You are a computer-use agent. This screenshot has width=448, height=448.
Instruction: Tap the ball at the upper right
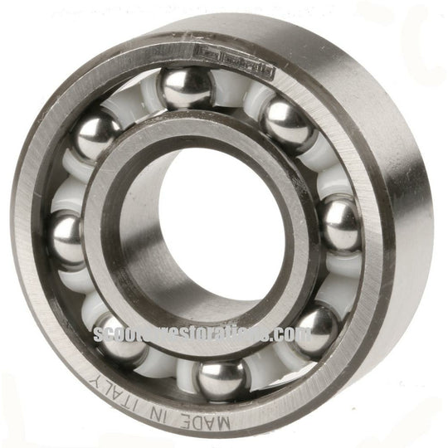287,124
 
